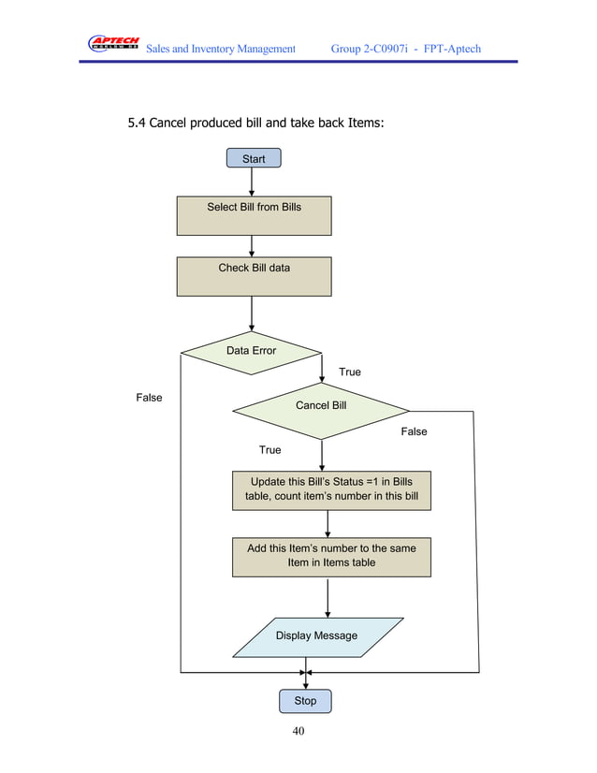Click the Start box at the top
253,158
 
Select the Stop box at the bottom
305,701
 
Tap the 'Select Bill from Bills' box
254,215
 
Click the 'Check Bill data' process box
254,276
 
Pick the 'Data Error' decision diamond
251,352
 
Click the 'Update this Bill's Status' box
331,489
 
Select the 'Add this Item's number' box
331,556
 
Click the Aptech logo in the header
113,44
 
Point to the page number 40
298,732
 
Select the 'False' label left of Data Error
149,398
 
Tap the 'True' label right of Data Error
349,372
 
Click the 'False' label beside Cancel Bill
414,431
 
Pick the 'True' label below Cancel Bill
269,450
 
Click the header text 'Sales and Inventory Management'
221,48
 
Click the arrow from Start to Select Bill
252,182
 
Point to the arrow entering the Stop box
306,682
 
